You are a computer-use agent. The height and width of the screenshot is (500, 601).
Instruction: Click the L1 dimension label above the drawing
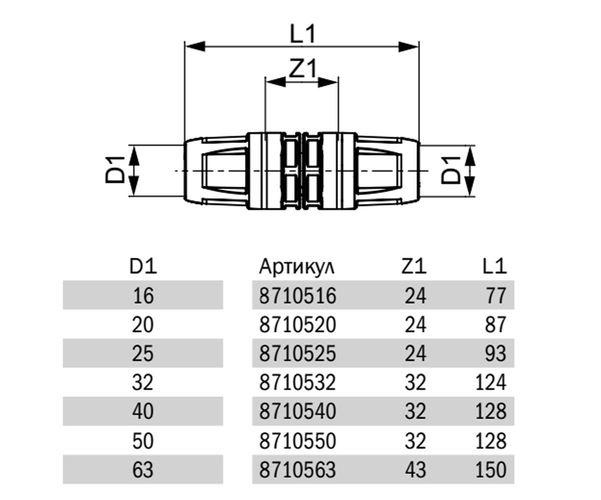coord(303,33)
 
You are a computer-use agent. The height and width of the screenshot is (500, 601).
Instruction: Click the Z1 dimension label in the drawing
coord(303,68)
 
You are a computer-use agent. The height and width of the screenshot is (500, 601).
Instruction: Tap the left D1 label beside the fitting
coord(115,169)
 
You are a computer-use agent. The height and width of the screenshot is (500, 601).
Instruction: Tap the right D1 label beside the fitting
coord(451,170)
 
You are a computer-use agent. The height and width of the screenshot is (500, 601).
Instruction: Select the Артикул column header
coord(297,267)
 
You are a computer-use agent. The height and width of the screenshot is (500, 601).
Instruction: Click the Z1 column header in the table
coord(414,266)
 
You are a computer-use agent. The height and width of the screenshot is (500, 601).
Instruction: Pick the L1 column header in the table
coord(494,266)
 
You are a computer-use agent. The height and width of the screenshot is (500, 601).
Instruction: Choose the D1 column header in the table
coord(143,266)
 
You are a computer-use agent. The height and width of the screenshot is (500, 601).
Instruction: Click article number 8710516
coord(297,295)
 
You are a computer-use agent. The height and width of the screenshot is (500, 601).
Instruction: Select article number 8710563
coord(297,469)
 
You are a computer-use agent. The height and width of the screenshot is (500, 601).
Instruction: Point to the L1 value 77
coord(496,295)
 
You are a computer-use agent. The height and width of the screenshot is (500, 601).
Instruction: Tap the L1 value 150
coord(491,469)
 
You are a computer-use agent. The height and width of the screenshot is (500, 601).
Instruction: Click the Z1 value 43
coord(415,469)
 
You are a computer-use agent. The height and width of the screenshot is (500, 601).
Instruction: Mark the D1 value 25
coord(143,353)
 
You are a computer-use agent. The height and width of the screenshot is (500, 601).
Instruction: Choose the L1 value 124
coord(491,382)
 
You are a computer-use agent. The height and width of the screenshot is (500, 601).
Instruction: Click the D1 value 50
coord(143,441)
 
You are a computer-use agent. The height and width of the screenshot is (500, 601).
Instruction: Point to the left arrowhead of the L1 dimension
coord(195,46)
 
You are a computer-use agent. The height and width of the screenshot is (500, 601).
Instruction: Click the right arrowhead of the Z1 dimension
coord(328,82)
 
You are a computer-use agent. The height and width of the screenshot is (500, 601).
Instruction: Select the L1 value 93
coord(496,353)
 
